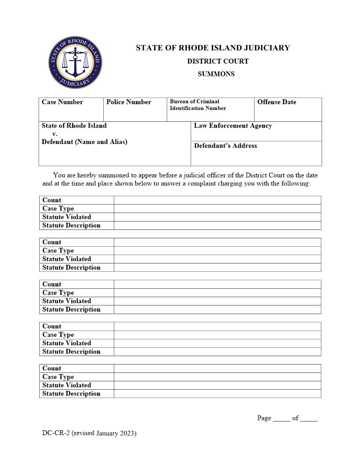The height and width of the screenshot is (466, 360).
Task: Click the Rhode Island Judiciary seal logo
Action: (x=75, y=63)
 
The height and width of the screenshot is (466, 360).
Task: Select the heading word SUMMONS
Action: (x=216, y=74)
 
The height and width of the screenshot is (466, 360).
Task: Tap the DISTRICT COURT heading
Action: (x=217, y=61)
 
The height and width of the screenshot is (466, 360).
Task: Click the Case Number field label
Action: (x=62, y=102)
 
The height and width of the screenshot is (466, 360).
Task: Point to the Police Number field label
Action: (x=128, y=102)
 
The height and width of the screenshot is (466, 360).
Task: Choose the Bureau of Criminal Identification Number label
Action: (x=198, y=105)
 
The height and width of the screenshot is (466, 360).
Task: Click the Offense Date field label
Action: (x=277, y=102)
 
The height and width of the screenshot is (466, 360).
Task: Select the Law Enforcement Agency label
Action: (x=232, y=126)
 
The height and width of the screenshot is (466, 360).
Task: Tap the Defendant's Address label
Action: (x=225, y=146)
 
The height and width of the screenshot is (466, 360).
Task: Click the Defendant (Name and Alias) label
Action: (x=84, y=142)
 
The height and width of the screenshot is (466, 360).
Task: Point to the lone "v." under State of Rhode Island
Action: (x=55, y=134)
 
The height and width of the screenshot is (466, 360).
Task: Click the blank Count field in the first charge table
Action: (x=217, y=200)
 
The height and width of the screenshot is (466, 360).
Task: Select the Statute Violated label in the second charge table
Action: (x=67, y=259)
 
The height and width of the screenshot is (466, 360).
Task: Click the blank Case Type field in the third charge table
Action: (x=217, y=293)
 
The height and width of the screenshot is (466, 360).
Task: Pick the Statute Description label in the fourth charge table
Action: (x=71, y=352)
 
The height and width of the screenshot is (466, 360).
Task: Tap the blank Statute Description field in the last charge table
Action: (x=217, y=394)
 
